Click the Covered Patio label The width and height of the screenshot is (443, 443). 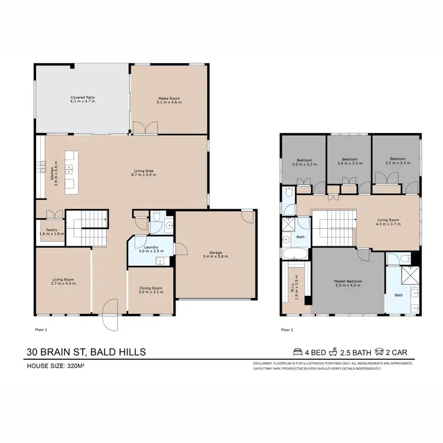83,99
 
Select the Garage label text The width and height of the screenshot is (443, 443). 215,255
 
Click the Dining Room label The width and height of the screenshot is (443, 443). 150,290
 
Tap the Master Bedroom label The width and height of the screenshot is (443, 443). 347,283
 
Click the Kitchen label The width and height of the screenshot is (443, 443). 54,171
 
